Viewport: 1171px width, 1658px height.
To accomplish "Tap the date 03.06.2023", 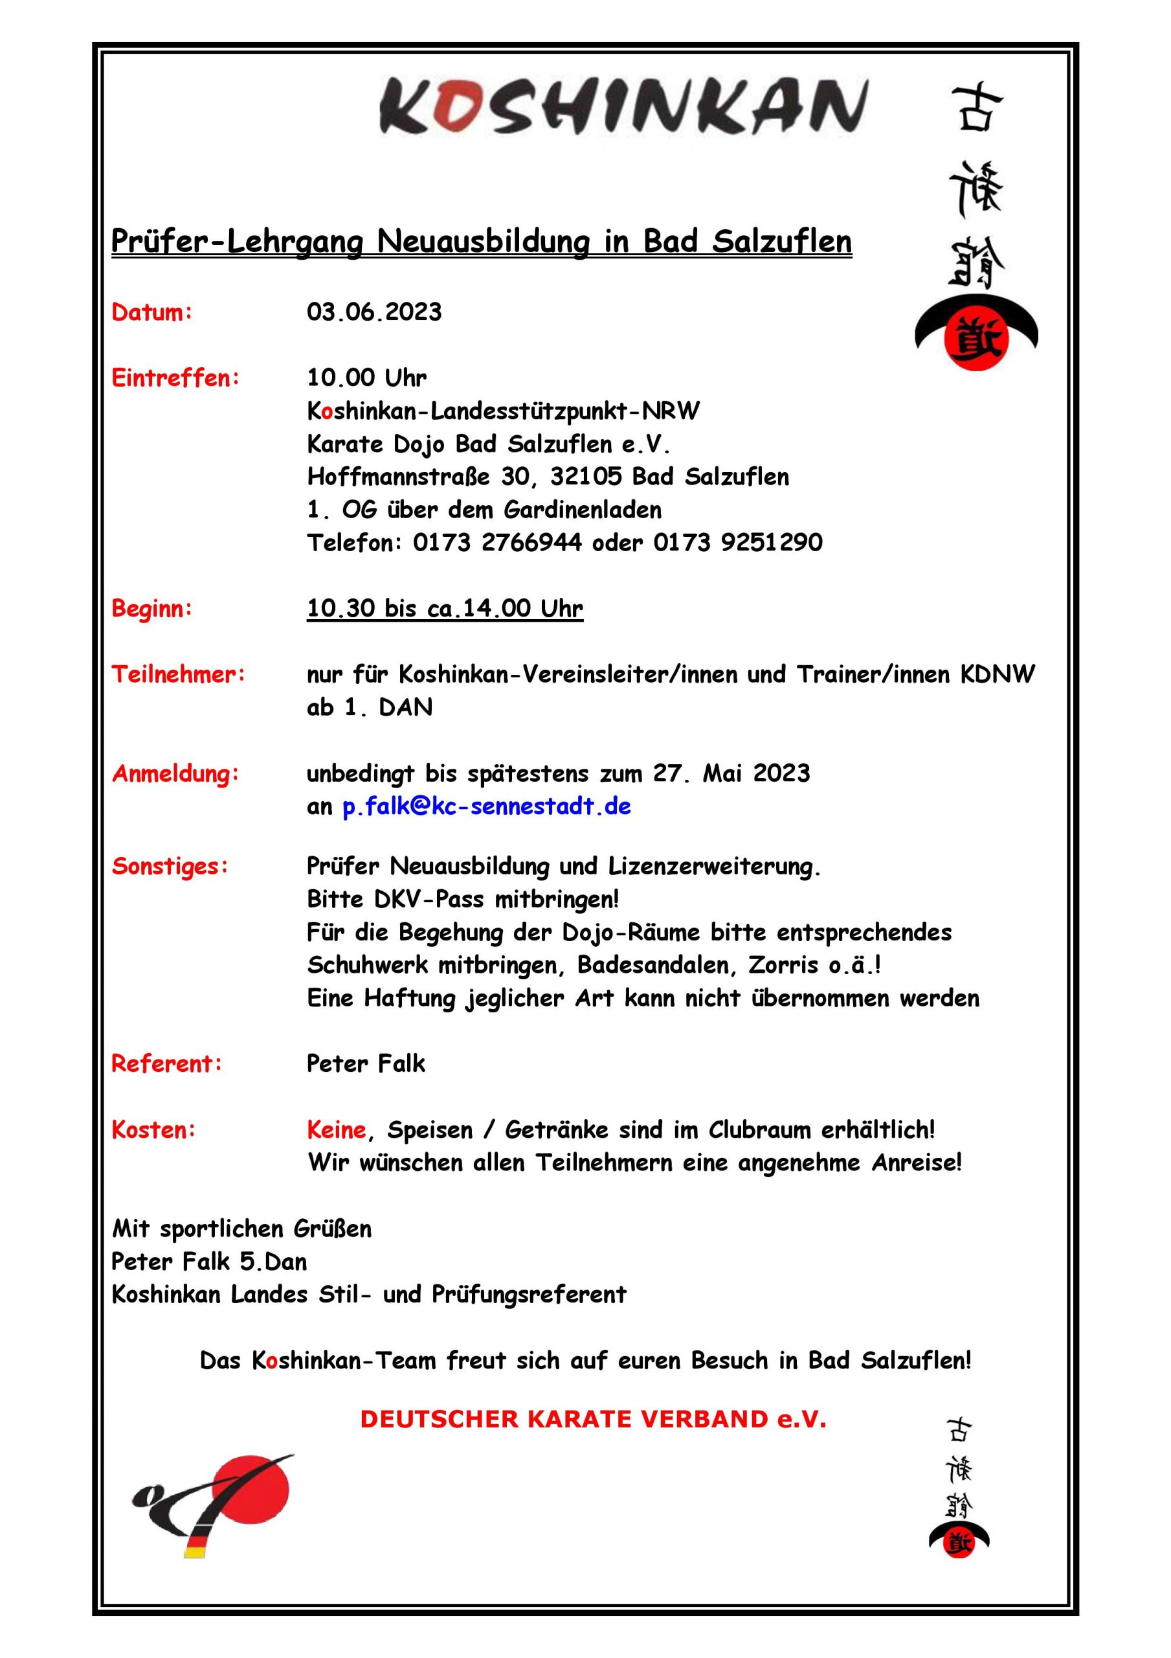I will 374,312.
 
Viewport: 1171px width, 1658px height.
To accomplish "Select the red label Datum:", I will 151,313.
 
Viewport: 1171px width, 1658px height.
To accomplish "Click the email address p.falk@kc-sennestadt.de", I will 487,806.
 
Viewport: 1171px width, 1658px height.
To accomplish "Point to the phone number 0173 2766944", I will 496,542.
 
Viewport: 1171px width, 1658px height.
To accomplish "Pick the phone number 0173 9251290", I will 738,542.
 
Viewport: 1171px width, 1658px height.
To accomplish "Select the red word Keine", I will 337,1130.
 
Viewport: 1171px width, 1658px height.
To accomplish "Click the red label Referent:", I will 167,1063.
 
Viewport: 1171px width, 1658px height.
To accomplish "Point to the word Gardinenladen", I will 582,510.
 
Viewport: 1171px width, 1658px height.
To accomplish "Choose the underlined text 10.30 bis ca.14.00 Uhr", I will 445,608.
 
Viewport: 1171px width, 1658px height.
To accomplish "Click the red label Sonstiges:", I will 170,866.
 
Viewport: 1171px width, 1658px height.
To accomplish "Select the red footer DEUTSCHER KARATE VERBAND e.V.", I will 593,1419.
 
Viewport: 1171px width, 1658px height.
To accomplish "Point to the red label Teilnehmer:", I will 178,674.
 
